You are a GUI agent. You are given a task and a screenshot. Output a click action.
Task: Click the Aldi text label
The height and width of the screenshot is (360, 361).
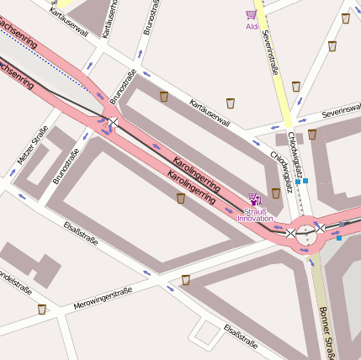click(x=252, y=26)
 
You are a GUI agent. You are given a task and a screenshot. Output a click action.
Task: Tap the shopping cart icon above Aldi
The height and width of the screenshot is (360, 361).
click(x=251, y=15)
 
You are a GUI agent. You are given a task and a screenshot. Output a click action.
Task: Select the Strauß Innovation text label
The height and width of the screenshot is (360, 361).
click(x=255, y=215)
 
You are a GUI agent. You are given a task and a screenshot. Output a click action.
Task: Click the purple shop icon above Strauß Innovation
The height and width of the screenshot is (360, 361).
click(x=254, y=199)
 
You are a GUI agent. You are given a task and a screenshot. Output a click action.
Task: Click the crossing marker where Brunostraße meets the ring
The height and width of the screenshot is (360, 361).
click(x=113, y=123)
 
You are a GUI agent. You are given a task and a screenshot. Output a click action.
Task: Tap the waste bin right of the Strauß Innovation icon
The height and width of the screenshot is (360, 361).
click(x=276, y=193)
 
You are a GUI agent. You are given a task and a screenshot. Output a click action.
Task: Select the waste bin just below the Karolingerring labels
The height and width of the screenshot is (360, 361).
click(x=181, y=199)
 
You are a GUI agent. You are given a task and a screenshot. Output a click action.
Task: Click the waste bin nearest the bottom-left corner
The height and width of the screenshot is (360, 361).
click(x=42, y=309)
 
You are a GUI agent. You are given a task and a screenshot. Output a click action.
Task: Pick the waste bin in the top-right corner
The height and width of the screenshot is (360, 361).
click(x=345, y=19)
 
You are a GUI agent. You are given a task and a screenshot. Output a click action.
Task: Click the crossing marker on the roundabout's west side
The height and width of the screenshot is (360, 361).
click(x=290, y=233)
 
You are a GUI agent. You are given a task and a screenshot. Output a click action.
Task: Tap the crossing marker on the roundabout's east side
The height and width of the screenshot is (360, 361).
click(x=320, y=228)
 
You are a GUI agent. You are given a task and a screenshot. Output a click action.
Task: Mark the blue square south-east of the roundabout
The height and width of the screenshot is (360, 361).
click(x=339, y=238)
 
